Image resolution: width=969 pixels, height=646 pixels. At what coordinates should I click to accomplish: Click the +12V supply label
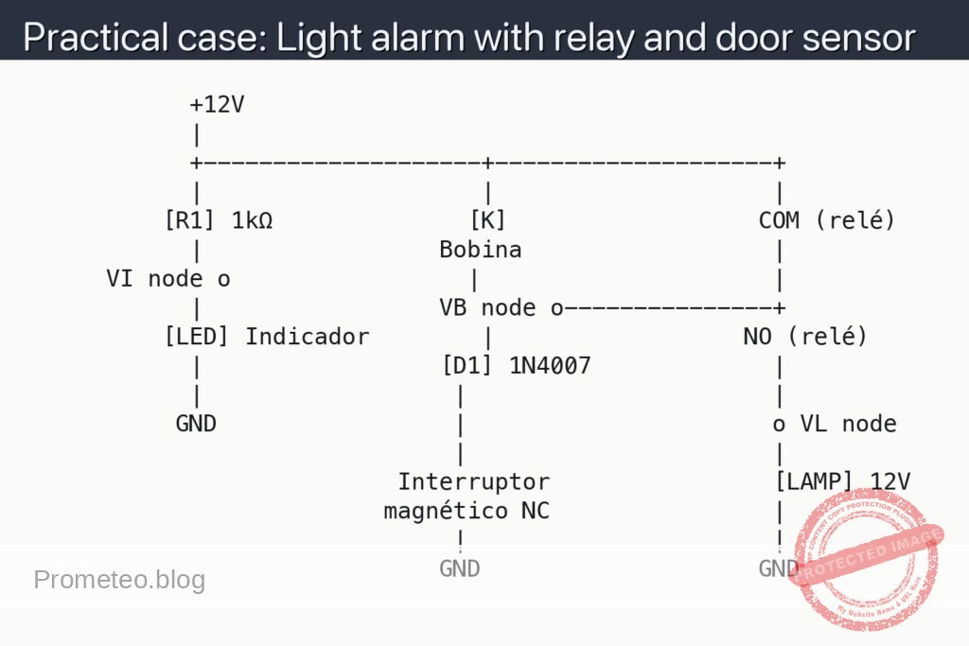(217, 104)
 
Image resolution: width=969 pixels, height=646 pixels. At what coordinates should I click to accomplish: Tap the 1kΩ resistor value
(252, 221)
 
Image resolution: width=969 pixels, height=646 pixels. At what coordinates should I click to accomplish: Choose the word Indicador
(308, 337)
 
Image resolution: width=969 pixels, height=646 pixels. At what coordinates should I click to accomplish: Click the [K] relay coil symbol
(487, 221)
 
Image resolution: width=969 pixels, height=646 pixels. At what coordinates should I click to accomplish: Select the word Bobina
(480, 251)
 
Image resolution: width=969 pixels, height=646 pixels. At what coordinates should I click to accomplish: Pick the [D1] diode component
(467, 366)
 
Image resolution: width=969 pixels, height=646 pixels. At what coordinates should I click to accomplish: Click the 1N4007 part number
(550, 366)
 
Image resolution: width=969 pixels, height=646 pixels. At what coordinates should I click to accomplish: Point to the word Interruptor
(473, 481)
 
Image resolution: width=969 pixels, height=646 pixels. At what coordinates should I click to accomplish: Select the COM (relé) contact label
(826, 221)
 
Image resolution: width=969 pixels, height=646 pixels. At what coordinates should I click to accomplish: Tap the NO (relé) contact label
(804, 337)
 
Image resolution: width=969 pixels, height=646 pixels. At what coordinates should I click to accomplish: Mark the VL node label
(835, 424)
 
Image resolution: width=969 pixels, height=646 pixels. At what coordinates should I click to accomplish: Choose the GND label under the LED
(196, 424)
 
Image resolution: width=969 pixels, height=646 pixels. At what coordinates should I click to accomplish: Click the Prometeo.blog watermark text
(119, 580)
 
